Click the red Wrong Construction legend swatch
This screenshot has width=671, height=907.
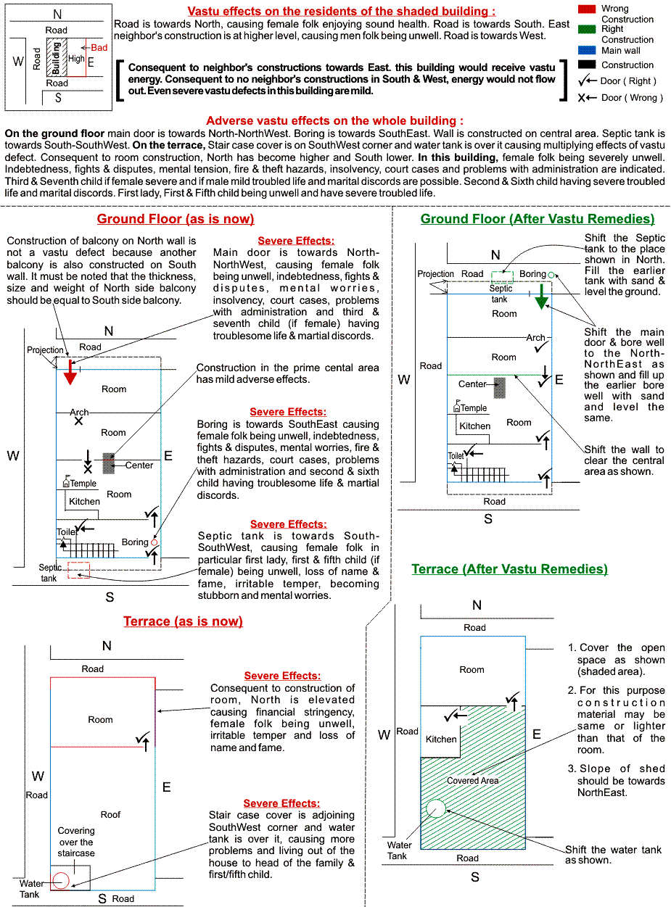[587, 9]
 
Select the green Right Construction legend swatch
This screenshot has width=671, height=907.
[587, 30]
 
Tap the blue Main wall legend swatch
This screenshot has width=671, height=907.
[587, 51]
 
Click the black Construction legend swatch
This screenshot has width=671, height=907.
[587, 65]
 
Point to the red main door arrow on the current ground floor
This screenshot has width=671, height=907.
[70, 370]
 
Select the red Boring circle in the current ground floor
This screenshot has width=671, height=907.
[154, 542]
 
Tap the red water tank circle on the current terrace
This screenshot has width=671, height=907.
[61, 880]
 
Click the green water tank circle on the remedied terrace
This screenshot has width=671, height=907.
[436, 808]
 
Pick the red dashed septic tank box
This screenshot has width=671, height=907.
[78, 569]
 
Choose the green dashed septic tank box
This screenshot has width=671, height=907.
[501, 276]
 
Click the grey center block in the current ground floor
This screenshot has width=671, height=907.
[108, 463]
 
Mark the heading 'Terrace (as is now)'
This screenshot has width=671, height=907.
[183, 621]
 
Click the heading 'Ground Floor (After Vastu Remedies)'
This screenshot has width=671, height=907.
[538, 219]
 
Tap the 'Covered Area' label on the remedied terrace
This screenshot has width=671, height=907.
[472, 781]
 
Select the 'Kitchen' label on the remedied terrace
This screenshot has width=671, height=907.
[441, 740]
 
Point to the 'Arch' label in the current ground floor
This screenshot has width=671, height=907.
[79, 413]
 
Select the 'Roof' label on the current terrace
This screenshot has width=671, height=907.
[110, 815]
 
